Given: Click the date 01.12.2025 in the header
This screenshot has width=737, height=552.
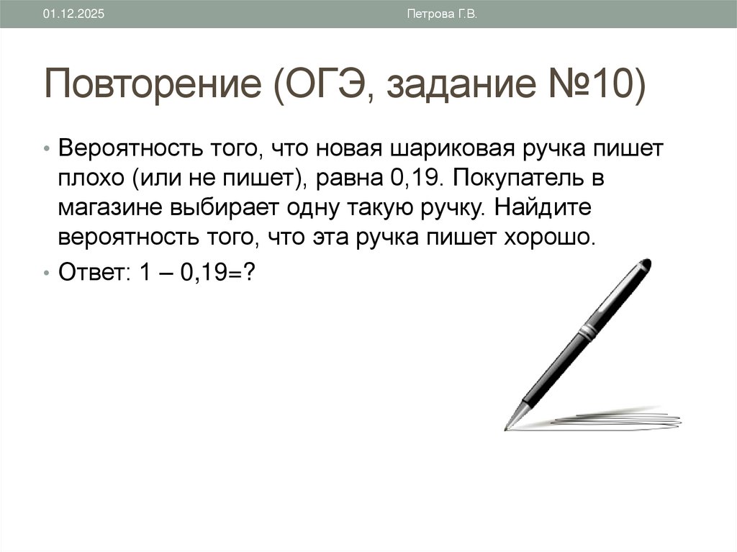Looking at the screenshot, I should click(x=73, y=14).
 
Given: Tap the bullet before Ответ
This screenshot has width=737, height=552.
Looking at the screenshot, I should click(x=46, y=274).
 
